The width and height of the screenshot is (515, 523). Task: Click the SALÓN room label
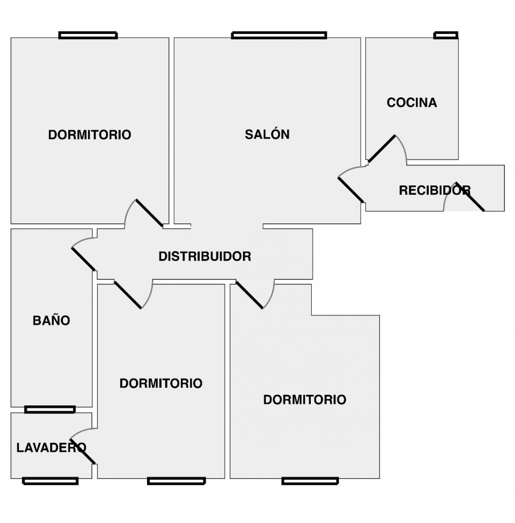point(267,134)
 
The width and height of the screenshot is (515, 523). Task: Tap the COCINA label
point(411,103)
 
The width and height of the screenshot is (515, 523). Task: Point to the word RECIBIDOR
point(434,190)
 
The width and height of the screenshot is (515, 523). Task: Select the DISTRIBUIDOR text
point(205,256)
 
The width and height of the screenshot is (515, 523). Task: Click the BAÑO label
point(51,320)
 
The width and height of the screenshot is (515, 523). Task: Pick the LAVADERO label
point(51,447)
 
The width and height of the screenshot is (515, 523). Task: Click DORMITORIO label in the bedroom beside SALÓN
point(90,135)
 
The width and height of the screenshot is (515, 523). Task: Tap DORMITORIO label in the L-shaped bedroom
point(304,400)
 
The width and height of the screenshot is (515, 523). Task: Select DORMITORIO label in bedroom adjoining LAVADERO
point(161,383)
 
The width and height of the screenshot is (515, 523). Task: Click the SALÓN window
point(279,35)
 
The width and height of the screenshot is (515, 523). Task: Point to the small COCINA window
point(446,35)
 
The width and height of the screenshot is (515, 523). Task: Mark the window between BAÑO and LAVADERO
point(50,410)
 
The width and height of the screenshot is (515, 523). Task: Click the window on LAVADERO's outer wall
point(50,481)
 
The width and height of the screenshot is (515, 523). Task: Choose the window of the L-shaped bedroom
point(310,481)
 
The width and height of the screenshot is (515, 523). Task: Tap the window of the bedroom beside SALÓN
point(88,35)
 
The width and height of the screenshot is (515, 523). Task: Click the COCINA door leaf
point(381,149)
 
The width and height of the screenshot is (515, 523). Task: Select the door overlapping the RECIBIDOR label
point(469,197)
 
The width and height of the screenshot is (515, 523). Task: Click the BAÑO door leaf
point(83,259)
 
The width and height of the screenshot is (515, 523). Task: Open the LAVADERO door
point(83,452)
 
